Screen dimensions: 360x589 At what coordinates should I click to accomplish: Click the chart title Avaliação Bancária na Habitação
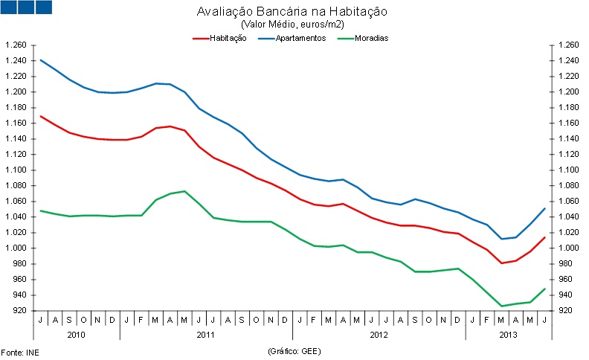[294, 13]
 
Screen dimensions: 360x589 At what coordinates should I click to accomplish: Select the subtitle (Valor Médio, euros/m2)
[294, 25]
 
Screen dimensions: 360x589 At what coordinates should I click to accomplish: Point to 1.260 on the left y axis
[16, 45]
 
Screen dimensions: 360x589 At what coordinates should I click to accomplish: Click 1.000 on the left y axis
[16, 248]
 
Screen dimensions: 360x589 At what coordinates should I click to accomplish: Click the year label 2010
[77, 335]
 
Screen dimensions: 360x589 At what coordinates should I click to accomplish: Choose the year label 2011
[206, 335]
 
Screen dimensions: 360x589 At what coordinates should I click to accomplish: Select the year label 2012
[379, 335]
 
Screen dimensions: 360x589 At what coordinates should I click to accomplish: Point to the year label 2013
[509, 335]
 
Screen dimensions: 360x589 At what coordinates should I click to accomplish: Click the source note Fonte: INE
[19, 350]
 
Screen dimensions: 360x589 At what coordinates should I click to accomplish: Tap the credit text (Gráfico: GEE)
[293, 350]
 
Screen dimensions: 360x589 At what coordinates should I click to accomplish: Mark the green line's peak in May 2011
[184, 191]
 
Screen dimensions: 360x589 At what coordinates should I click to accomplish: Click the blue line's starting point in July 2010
[40, 60]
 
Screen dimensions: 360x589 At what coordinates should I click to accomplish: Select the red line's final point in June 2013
[545, 237]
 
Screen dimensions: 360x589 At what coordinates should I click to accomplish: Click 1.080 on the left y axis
[16, 185]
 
